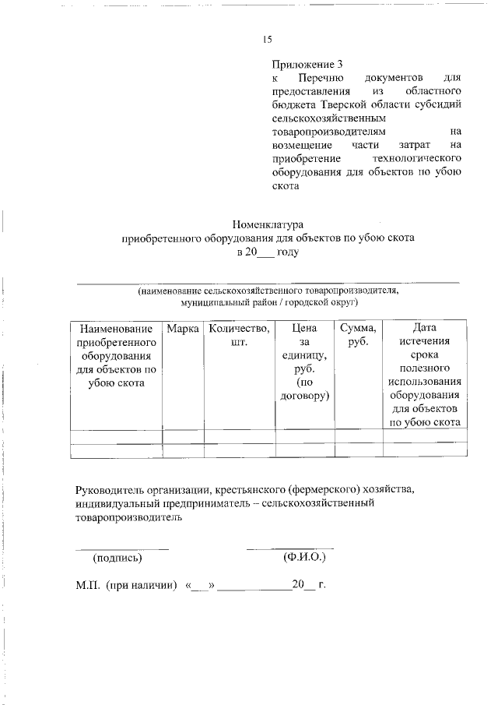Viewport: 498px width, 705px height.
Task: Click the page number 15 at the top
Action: point(267,40)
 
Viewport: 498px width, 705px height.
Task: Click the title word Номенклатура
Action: point(267,224)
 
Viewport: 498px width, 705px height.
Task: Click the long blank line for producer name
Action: point(267,280)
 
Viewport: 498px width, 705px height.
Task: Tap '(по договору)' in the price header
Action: point(304,390)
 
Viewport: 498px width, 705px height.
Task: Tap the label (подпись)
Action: point(117,558)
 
